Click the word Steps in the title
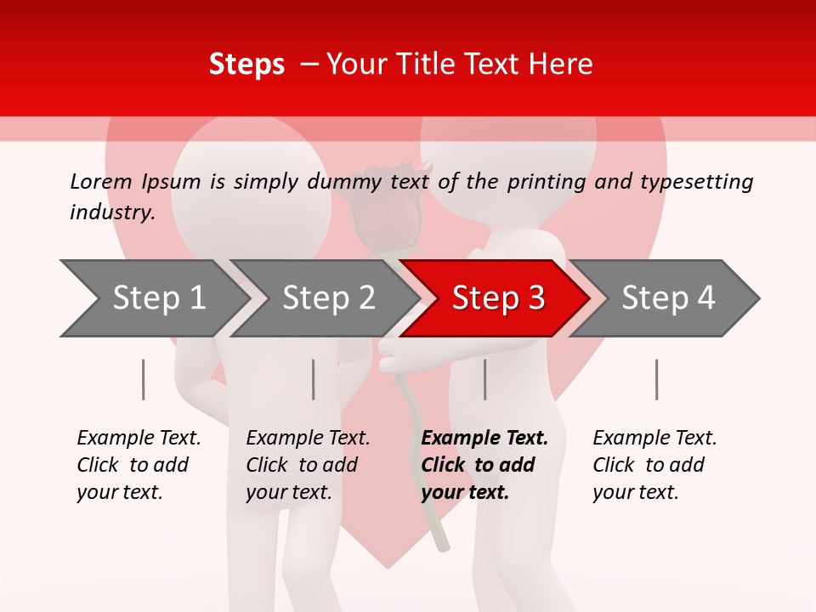coord(246,65)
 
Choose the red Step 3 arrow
coord(497,298)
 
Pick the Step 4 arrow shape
coord(667,298)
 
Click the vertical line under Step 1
coord(144,379)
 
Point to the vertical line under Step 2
coord(314,379)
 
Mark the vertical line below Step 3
coord(485,379)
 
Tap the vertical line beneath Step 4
coord(656,379)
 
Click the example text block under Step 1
coord(139,465)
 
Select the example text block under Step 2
coord(308,465)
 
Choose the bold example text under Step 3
coord(484,465)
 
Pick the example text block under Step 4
coord(654,465)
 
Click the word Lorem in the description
coord(101,181)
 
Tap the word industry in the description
coord(112,212)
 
